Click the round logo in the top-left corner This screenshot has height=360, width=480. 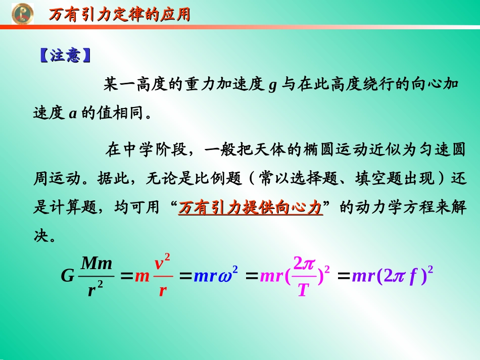tap(22, 14)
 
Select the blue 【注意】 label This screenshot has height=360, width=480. tap(65, 56)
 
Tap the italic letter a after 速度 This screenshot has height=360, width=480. tap(72, 114)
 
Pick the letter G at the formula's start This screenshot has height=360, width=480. tap(67, 276)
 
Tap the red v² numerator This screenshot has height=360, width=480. tap(162, 263)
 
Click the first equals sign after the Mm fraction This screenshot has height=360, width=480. tap(126, 276)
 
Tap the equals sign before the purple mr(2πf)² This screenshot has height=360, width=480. tap(344, 276)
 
